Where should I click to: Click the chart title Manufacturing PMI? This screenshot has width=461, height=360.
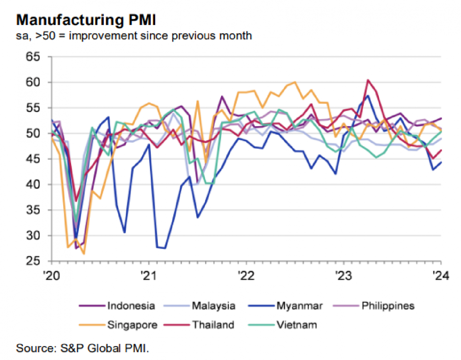pos(86,20)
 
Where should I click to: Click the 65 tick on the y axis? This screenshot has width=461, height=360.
pos(33,57)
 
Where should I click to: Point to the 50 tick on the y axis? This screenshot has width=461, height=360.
pos(33,133)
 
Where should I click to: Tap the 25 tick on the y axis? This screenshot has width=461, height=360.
pos(33,261)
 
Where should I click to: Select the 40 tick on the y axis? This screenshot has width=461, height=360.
pos(33,184)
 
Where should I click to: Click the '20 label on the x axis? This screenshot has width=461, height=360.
pos(52,275)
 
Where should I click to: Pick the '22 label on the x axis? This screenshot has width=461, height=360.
pos(246,275)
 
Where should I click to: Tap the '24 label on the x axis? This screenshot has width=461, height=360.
pos(440,275)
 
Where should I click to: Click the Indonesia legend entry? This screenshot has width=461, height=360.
pos(131,306)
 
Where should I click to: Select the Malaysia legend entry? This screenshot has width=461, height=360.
pos(213,306)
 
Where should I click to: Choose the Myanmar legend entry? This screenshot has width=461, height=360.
pos(299,306)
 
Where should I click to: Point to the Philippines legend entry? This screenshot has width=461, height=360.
pos(388,306)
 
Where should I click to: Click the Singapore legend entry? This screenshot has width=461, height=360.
pos(132,325)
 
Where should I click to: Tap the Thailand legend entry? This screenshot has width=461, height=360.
pos(213,325)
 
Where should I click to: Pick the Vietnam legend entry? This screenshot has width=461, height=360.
pos(296,325)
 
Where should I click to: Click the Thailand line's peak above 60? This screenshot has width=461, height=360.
pos(368,80)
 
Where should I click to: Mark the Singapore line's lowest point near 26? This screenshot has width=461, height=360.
pos(84,254)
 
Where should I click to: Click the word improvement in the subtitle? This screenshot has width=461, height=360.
pos(103,36)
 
